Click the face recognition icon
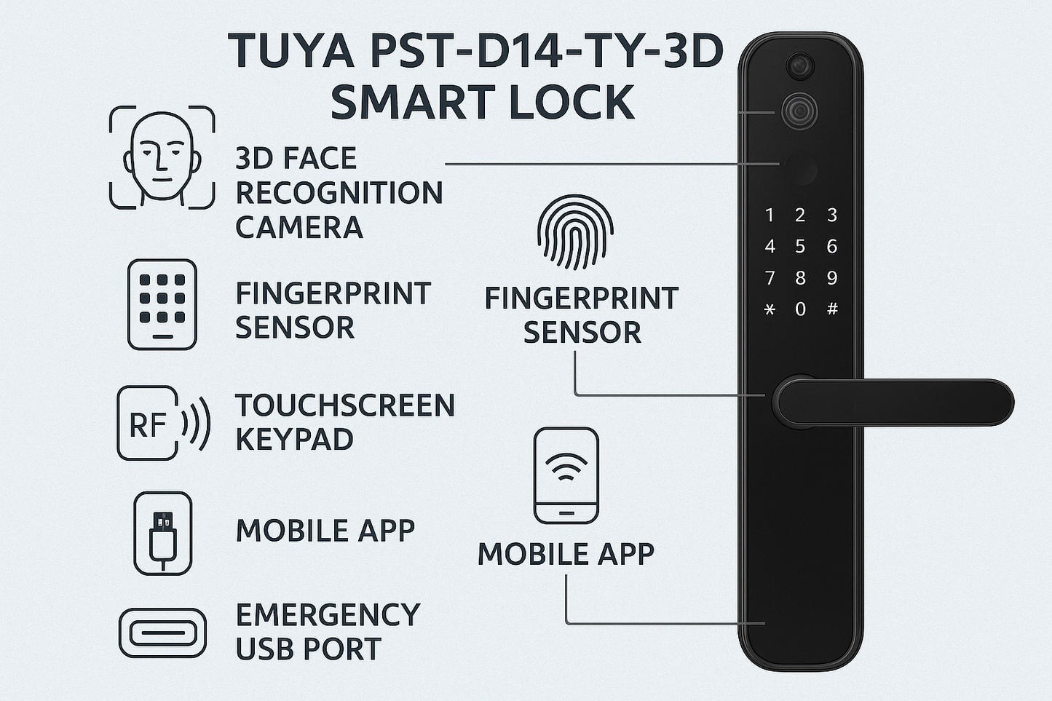coord(162,157)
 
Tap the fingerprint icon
coord(575,231)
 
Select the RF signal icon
coord(162,423)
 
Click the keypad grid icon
coord(162,304)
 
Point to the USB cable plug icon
coord(163,534)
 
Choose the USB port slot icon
coord(162,633)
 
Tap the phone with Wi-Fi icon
coord(566,475)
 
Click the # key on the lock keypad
coord(832,309)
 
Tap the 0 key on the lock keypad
coord(800,309)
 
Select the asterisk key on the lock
coord(770,309)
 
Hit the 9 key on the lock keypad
coord(831,277)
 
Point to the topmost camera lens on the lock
coord(799,66)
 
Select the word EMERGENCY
coord(328,615)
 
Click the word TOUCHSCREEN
coord(345,405)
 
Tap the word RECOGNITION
coord(339,193)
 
